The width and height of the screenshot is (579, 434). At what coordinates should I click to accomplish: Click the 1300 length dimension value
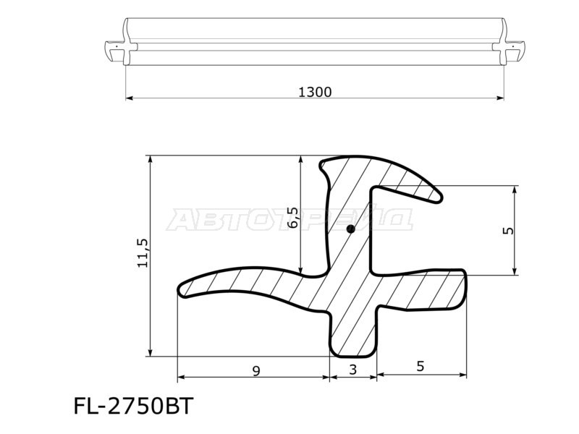315,92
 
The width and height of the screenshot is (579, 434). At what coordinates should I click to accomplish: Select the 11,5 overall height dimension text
142,254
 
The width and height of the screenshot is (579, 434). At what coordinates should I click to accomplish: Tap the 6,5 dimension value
292,217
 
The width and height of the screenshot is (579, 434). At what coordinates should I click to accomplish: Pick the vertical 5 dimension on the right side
508,230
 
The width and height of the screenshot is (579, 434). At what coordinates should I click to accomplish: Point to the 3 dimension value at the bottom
353,370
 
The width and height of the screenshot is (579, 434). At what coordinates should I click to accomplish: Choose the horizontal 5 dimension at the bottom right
420,367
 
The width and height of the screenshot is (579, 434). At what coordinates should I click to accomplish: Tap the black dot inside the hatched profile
350,229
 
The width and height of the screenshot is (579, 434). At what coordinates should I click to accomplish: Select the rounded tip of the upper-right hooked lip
436,195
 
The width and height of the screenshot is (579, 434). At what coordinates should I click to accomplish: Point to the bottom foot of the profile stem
353,350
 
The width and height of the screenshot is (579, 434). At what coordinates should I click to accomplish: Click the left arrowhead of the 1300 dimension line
130,98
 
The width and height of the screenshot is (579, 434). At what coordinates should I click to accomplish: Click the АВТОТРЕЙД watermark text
289,218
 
